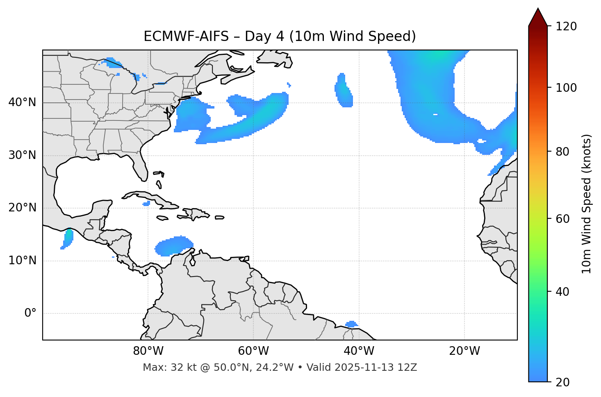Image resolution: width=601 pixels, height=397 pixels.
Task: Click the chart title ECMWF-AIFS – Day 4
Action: pyautogui.click(x=280, y=36)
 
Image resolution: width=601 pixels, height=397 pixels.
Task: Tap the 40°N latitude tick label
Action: pyautogui.click(x=22, y=102)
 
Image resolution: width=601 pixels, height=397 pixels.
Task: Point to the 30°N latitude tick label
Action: pyautogui.click(x=22, y=155)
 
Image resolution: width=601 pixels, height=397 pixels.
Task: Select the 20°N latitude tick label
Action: pyautogui.click(x=22, y=208)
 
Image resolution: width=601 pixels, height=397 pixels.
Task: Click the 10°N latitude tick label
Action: pyautogui.click(x=22, y=261)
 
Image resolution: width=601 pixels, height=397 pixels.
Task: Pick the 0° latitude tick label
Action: pyautogui.click(x=30, y=313)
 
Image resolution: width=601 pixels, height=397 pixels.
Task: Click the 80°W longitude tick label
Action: pyautogui.click(x=148, y=351)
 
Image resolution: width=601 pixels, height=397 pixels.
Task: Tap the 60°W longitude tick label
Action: pyautogui.click(x=253, y=351)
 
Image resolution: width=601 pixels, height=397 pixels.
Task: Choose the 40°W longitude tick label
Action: pyautogui.click(x=359, y=351)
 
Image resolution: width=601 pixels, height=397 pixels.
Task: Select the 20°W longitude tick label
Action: pyautogui.click(x=464, y=351)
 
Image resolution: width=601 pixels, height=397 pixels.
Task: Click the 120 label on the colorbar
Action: pyautogui.click(x=566, y=27)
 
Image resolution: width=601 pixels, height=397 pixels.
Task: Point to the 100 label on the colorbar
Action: pyautogui.click(x=566, y=88)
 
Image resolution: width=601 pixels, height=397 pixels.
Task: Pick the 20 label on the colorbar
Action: pyautogui.click(x=563, y=382)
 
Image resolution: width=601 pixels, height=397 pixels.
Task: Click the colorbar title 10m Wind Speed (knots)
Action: pyautogui.click(x=587, y=204)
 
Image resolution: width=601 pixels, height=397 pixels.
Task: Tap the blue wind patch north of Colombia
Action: pyautogui.click(x=173, y=246)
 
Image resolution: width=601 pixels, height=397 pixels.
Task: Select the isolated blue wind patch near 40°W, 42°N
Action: pyautogui.click(x=344, y=91)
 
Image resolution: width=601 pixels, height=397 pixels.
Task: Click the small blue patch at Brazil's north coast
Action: pyautogui.click(x=351, y=324)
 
